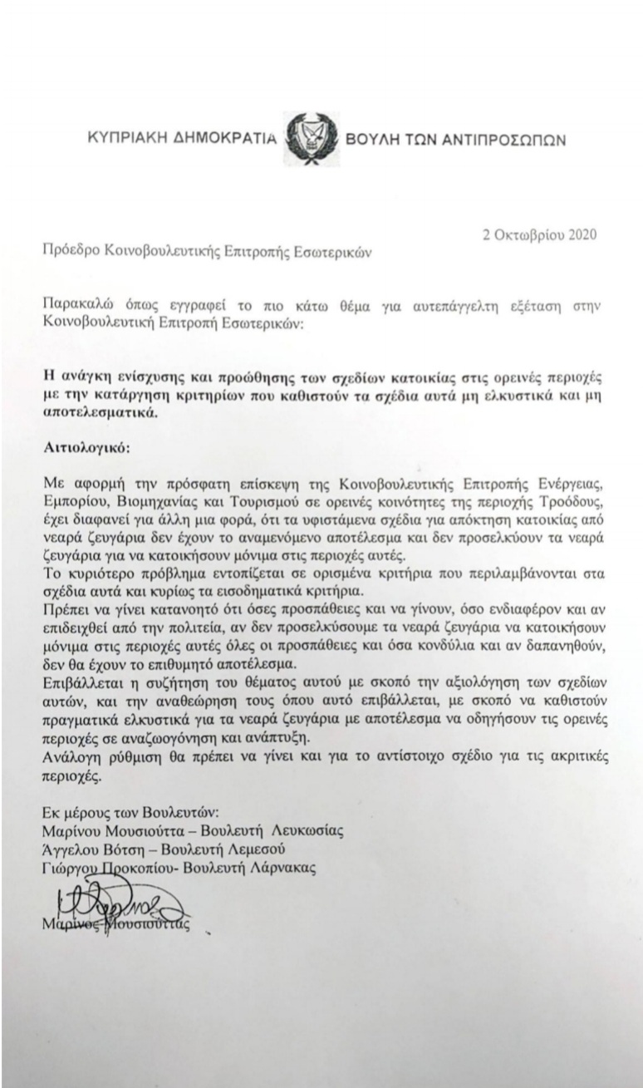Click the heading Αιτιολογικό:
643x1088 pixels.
[x=83, y=447]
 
